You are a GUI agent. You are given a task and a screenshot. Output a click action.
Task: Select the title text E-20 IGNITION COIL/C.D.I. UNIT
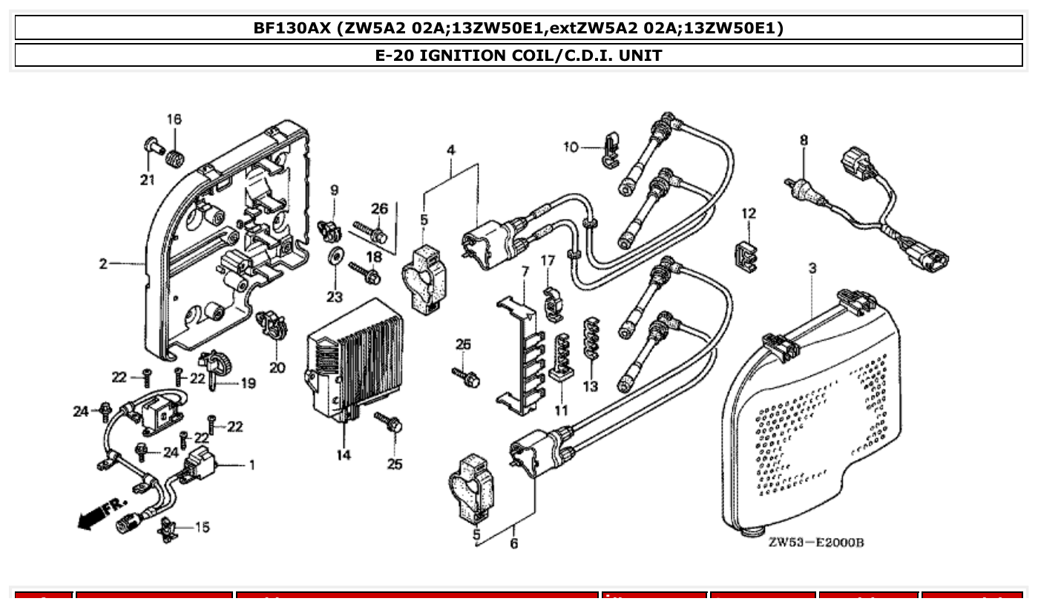click(518, 55)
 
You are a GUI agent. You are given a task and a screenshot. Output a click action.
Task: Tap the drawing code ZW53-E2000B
click(815, 542)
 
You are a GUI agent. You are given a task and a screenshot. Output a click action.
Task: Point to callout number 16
click(174, 119)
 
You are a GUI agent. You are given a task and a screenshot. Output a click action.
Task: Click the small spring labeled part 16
click(176, 158)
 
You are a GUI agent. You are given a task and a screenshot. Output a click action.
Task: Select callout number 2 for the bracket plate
click(103, 263)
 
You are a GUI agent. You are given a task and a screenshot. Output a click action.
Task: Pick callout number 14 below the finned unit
click(343, 455)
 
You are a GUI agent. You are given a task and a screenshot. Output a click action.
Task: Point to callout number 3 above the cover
click(812, 268)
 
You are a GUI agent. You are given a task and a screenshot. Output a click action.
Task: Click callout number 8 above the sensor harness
click(803, 140)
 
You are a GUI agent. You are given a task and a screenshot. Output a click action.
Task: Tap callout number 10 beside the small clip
click(570, 147)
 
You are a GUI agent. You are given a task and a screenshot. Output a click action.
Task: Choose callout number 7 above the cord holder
click(525, 272)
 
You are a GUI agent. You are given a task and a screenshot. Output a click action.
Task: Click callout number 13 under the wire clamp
click(590, 387)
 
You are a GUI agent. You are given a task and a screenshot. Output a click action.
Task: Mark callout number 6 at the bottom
click(513, 543)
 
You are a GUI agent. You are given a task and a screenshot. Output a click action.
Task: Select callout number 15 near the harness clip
click(202, 527)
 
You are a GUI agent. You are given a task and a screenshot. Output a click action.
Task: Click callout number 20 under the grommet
click(277, 367)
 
